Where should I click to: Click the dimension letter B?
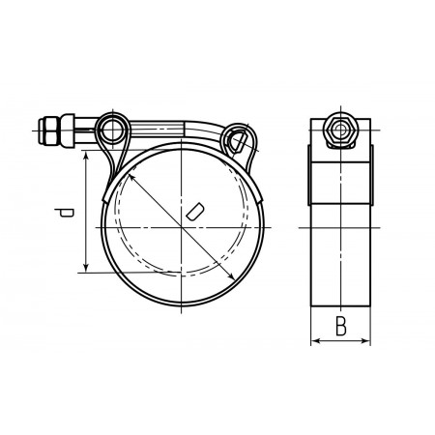(x=341, y=326)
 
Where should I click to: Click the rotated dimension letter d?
(x=64, y=213)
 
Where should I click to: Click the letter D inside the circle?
(x=195, y=212)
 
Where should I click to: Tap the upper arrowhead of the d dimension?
(x=86, y=156)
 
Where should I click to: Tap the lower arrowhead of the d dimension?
(x=86, y=268)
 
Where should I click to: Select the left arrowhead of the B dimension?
(x=316, y=340)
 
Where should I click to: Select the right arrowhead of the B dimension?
(x=365, y=340)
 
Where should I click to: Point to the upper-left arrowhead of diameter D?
(x=131, y=177)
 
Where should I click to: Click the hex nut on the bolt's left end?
(x=50, y=131)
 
